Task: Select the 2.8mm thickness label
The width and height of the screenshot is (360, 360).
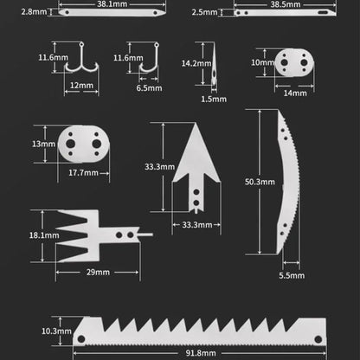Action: pyautogui.click(x=34, y=12)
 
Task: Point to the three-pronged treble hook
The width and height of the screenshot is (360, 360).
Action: pyautogui.click(x=81, y=58)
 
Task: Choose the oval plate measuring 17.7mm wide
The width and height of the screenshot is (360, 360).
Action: pyautogui.click(x=84, y=145)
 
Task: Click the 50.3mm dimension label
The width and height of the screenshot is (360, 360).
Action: pyautogui.click(x=259, y=183)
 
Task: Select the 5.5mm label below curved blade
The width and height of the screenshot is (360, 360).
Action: pyautogui.click(x=292, y=274)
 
